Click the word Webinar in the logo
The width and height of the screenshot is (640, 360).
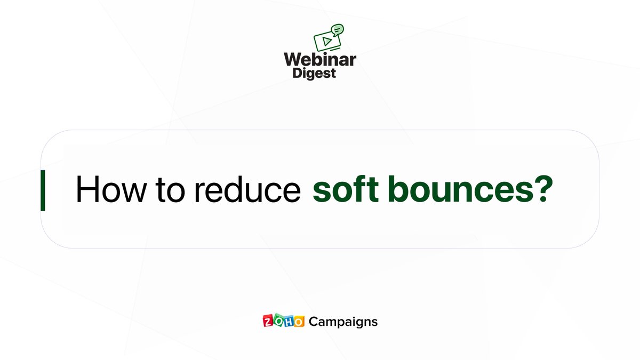(x=320, y=60)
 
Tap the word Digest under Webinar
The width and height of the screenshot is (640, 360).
(x=314, y=74)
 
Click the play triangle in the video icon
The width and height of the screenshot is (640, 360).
(x=327, y=42)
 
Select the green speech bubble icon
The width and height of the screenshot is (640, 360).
(x=337, y=30)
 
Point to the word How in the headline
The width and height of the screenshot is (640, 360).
(x=111, y=189)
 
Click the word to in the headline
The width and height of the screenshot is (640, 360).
(x=170, y=190)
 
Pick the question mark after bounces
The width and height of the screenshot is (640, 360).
(x=543, y=189)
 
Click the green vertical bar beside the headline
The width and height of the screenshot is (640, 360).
(x=43, y=190)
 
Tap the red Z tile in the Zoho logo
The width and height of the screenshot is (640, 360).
(x=268, y=321)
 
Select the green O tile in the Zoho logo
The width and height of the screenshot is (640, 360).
(x=278, y=319)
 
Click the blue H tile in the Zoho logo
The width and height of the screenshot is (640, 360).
(x=289, y=321)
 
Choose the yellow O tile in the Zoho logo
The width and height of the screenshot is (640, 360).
(x=299, y=322)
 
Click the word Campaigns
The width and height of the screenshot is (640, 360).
(x=343, y=322)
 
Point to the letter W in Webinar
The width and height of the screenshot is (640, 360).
(x=294, y=60)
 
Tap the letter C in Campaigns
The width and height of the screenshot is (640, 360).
(x=314, y=322)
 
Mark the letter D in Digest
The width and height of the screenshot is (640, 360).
(x=297, y=73)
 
